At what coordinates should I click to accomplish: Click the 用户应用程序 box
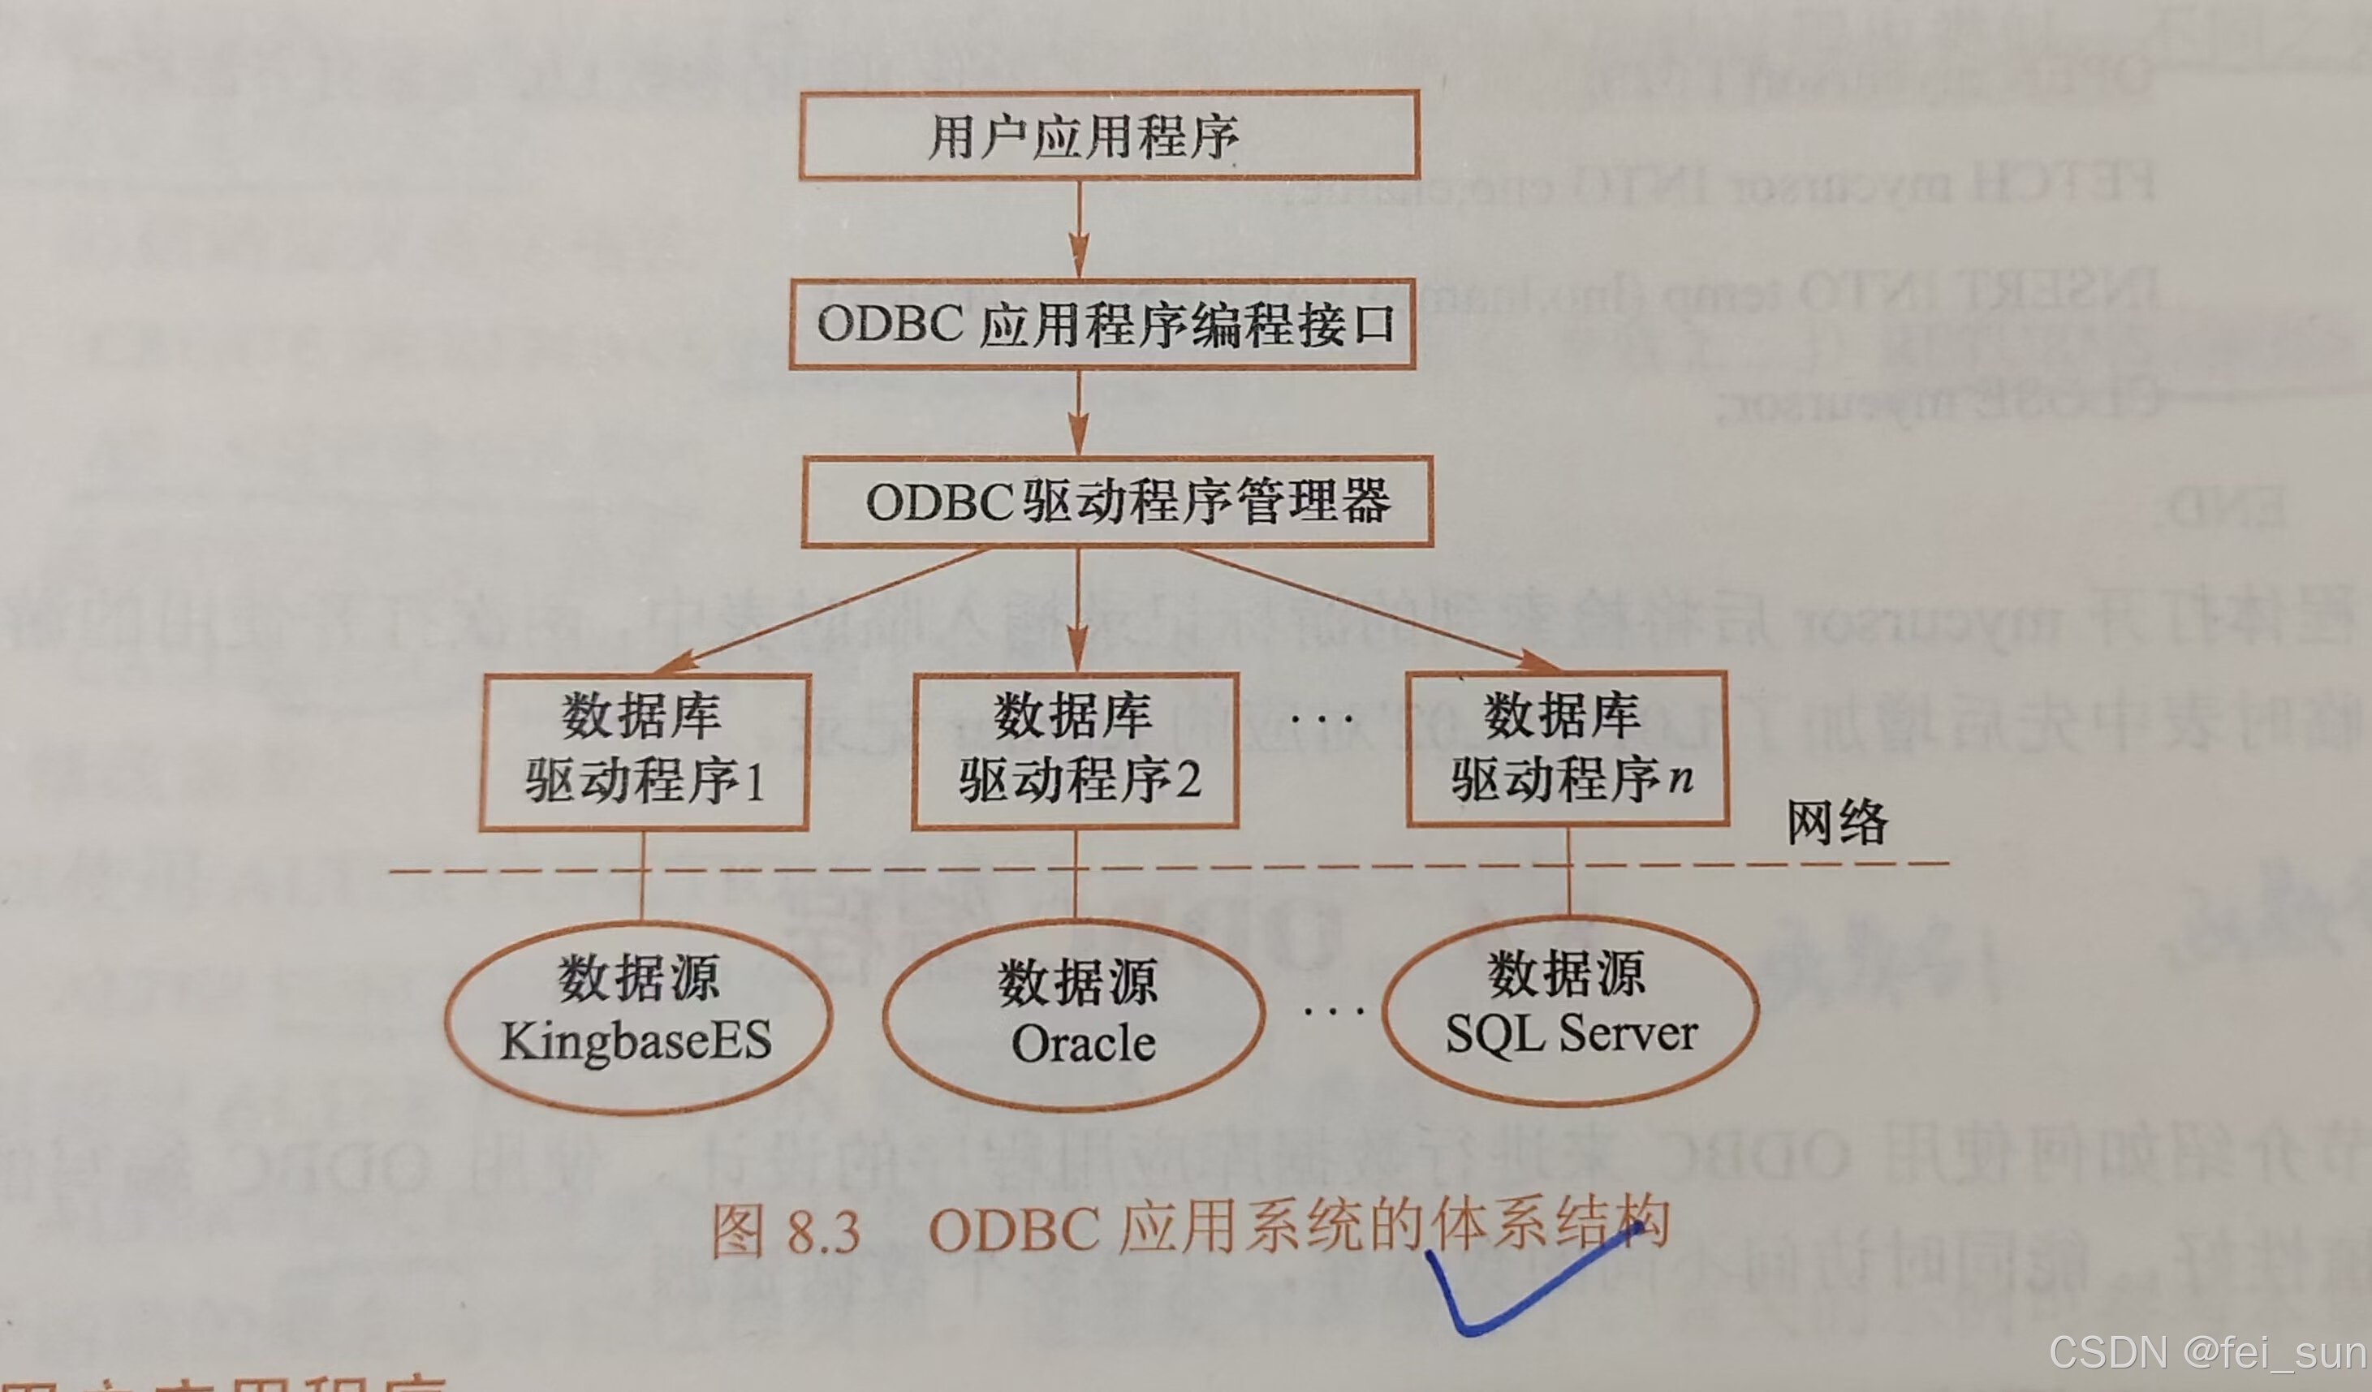pyautogui.click(x=1109, y=136)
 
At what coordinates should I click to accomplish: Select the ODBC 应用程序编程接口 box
pyautogui.click(x=1102, y=325)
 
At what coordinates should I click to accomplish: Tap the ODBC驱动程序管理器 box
pyautogui.click(x=1117, y=502)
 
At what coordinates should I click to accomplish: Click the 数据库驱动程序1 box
pyautogui.click(x=645, y=752)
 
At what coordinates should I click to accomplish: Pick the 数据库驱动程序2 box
pyautogui.click(x=1076, y=750)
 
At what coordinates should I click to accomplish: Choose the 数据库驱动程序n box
pyautogui.click(x=1568, y=749)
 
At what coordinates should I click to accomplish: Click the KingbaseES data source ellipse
pyautogui.click(x=638, y=1015)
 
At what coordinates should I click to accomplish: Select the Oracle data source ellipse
pyautogui.click(x=1074, y=1015)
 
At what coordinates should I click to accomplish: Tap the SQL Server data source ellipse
pyautogui.click(x=1570, y=1010)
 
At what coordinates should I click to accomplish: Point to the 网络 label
pyautogui.click(x=1837, y=821)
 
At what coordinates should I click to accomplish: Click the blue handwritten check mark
pyautogui.click(x=1516, y=1290)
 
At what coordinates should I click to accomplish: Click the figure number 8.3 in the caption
pyautogui.click(x=824, y=1232)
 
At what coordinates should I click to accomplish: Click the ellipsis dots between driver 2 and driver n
pyautogui.click(x=1322, y=720)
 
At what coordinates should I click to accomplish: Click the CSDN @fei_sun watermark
pyautogui.click(x=2207, y=1352)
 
